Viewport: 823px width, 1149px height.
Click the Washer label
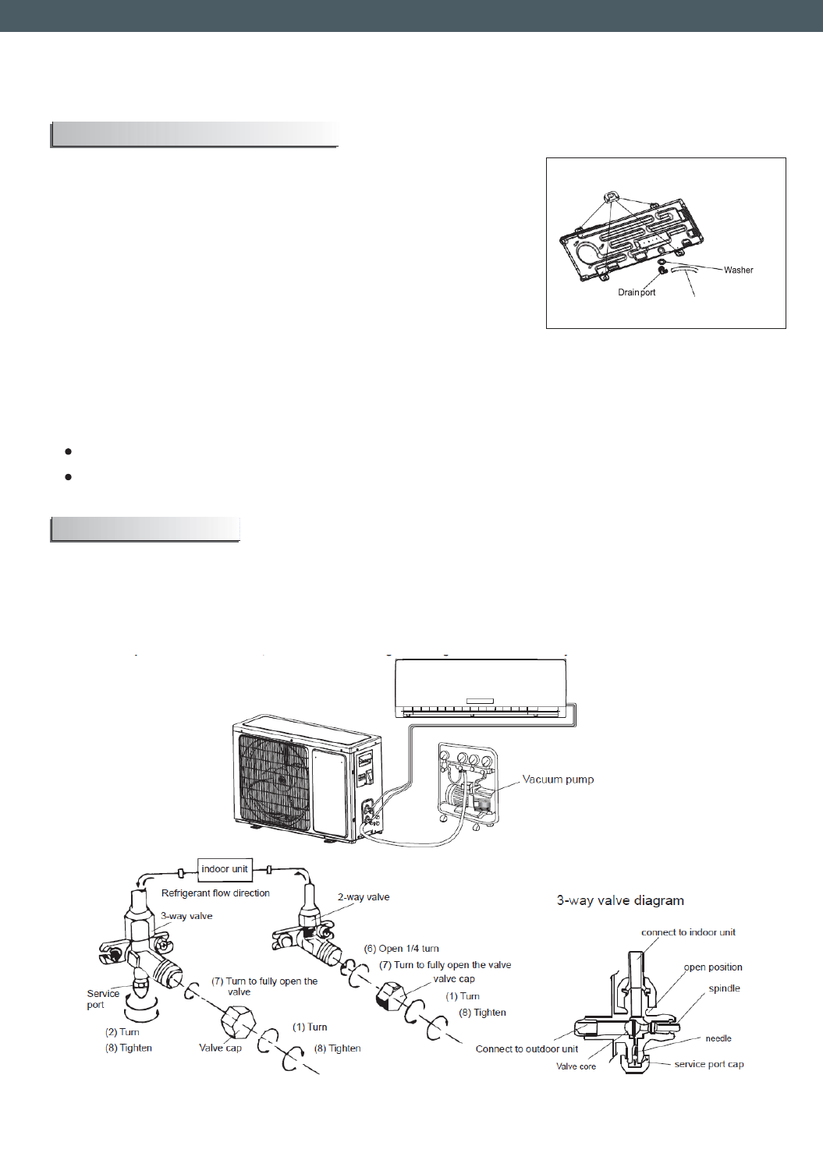[738, 270]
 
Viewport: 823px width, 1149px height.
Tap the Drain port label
[637, 293]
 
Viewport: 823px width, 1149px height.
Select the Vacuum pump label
[558, 780]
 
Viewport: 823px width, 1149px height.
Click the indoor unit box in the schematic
[225, 869]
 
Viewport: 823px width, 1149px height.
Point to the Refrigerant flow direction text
[215, 893]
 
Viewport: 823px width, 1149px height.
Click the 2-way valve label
[364, 897]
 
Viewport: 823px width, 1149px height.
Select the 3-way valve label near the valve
[186, 917]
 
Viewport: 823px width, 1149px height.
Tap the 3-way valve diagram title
[620, 900]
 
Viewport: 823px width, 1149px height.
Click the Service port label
[103, 999]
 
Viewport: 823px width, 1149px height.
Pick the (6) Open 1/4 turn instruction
[401, 949]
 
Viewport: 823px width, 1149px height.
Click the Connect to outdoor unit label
[527, 1049]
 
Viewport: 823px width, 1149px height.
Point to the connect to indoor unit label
[688, 932]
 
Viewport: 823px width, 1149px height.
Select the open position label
[713, 967]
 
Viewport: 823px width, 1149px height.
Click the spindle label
[724, 988]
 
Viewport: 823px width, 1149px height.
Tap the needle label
[718, 1038]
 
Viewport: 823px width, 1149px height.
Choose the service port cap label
[708, 1064]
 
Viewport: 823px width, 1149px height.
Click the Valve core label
[576, 1066]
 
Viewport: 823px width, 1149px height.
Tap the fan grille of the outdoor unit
[273, 783]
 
